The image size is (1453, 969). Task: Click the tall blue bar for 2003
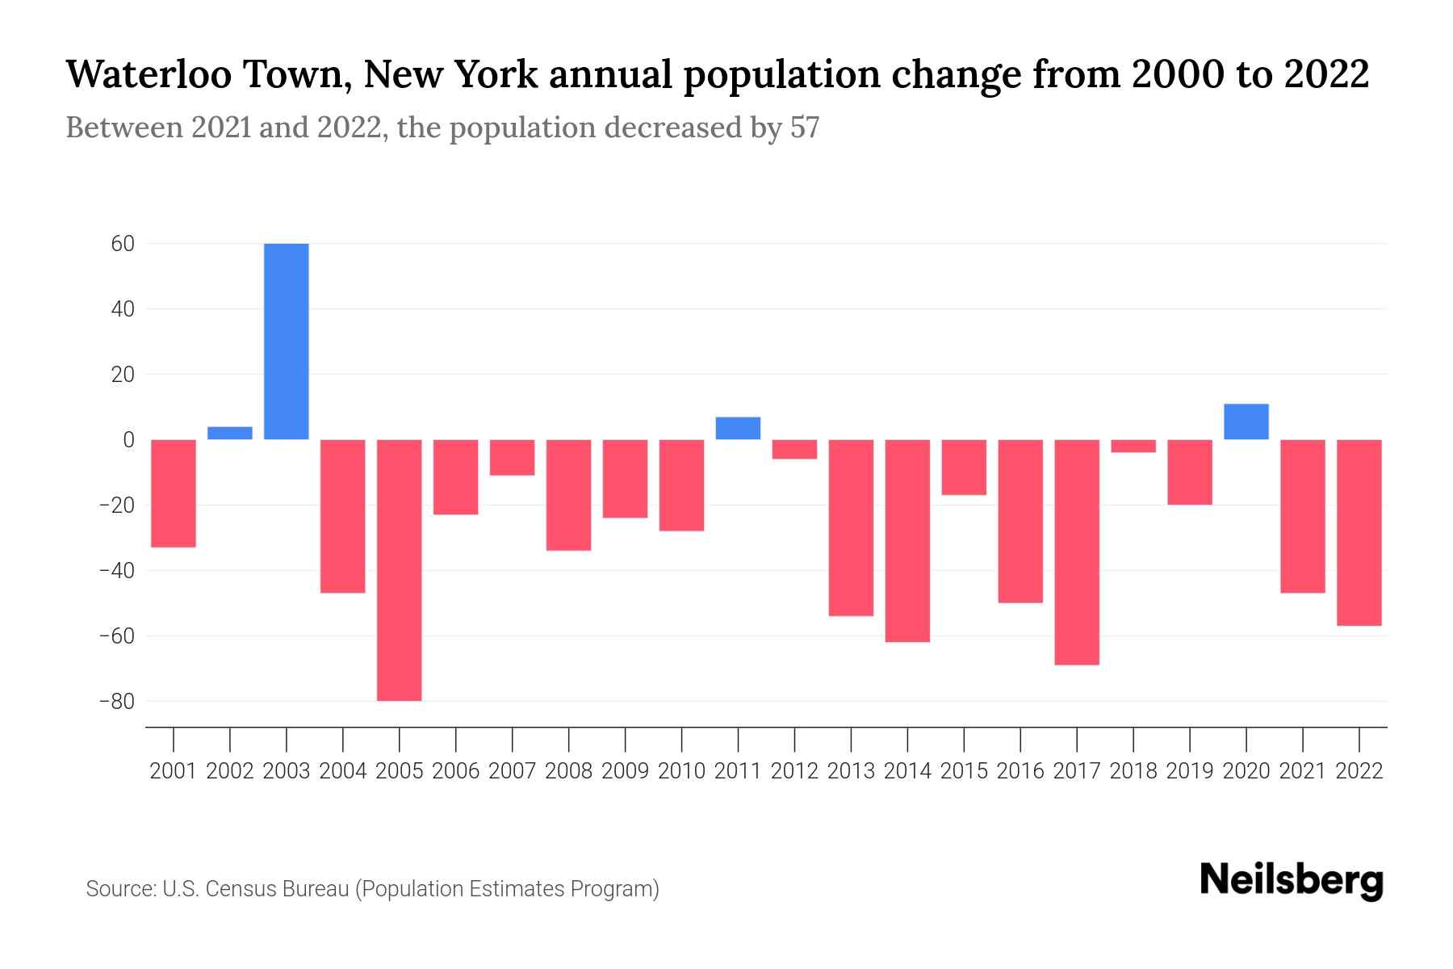pos(287,341)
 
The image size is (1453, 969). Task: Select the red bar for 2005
pos(400,569)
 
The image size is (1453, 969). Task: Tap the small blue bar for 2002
pos(230,433)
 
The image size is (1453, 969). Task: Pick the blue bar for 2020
pos(1246,422)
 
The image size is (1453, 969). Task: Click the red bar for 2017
pos(1077,552)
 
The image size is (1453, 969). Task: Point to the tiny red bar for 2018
pos(1133,446)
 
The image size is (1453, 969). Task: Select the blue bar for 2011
pos(738,428)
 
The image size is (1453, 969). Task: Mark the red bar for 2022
pos(1359,532)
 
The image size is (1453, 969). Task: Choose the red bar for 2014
pos(907,540)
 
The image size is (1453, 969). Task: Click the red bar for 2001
pos(174,493)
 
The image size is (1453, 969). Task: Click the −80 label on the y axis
pos(116,702)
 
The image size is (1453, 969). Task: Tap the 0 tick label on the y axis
pos(128,440)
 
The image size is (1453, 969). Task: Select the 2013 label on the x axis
pos(851,771)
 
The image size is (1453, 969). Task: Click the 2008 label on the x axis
pos(568,771)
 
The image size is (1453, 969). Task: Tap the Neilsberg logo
pos(1292,880)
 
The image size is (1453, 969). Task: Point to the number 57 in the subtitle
pos(804,128)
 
